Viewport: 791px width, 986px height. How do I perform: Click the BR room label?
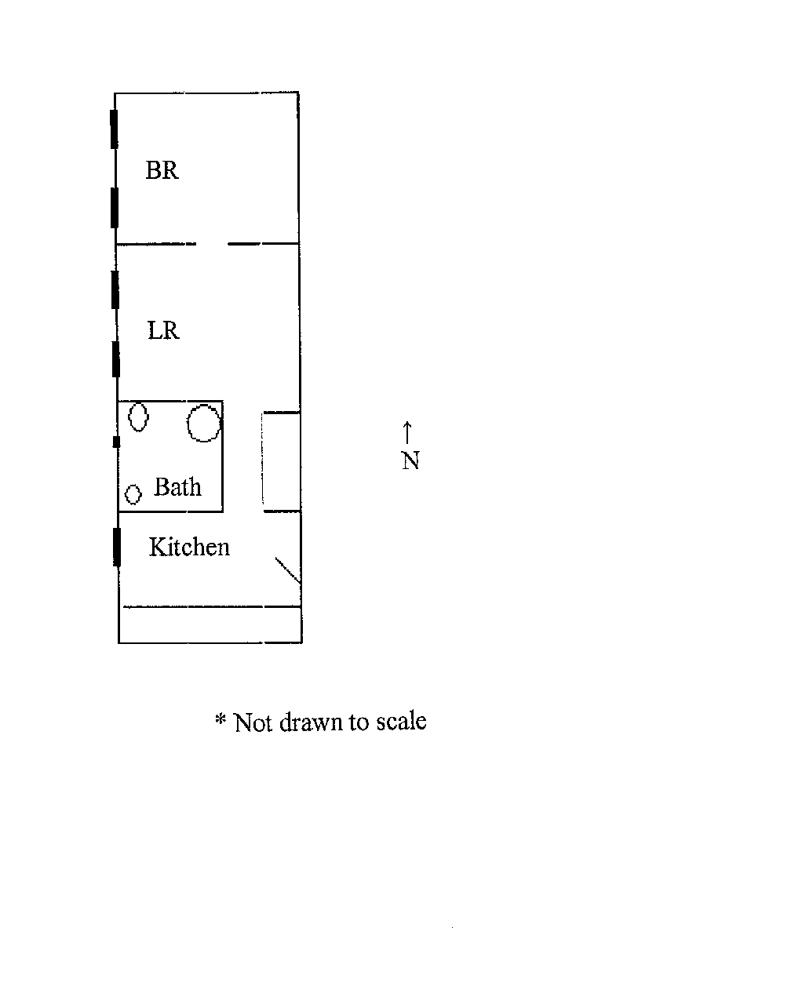[162, 170]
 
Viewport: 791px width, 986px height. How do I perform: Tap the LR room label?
[163, 330]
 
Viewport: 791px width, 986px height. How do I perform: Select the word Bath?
[177, 486]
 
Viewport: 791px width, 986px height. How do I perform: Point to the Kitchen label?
[189, 547]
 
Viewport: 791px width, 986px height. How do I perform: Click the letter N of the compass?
[410, 460]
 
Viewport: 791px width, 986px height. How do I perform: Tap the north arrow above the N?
[407, 432]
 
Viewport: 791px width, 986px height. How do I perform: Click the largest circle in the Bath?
[204, 423]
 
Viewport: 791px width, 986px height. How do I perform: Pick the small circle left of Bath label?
[133, 494]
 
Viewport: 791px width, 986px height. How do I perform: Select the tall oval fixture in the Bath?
[138, 417]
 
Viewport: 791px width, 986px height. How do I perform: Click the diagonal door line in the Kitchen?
[287, 569]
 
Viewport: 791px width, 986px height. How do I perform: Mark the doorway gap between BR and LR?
[212, 244]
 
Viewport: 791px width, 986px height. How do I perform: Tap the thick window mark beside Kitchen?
[117, 547]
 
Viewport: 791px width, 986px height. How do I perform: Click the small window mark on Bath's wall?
[117, 441]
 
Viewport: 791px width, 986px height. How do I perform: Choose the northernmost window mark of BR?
[115, 129]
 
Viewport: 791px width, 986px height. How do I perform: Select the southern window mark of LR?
[116, 358]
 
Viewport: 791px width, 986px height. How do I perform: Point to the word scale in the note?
[401, 721]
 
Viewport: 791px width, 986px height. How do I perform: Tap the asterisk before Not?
[221, 719]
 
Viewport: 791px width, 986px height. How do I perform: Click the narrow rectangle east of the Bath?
[281, 461]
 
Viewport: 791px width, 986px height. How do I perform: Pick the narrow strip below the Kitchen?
[210, 624]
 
